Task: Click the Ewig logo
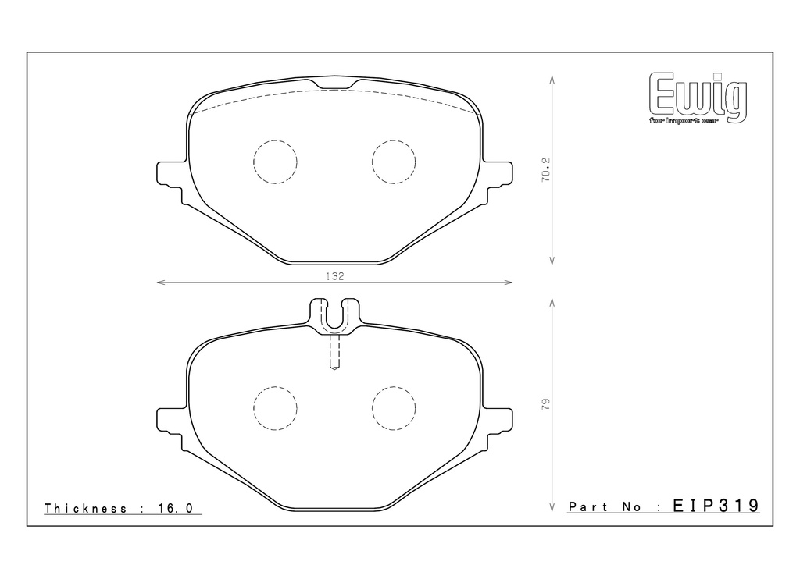698,98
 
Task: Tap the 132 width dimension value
334,276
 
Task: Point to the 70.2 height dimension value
546,170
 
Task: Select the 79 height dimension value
546,405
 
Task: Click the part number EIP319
716,506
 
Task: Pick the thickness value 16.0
176,508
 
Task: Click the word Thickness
86,508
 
